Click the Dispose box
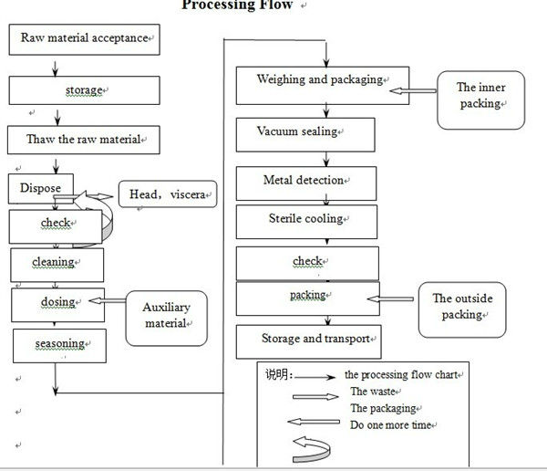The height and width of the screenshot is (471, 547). click(41, 189)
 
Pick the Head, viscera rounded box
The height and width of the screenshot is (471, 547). click(169, 194)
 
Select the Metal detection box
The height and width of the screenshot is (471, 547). click(304, 182)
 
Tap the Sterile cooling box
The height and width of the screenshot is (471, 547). click(305, 221)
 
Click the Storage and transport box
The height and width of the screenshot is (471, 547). click(308, 340)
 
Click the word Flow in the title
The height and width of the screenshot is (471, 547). click(273, 5)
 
